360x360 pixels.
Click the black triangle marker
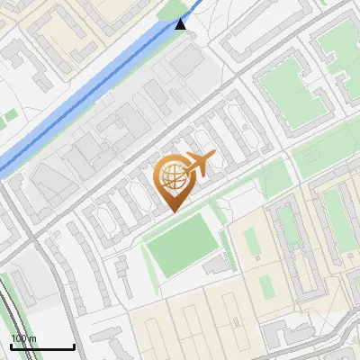coord(182,23)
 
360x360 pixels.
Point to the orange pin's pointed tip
coord(174,211)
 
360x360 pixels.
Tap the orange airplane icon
coord(200,165)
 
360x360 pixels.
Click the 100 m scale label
coord(23,338)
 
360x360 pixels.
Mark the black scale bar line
coord(41,346)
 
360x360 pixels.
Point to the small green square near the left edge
coord(9,117)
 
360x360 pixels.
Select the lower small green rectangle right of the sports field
coord(266,289)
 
